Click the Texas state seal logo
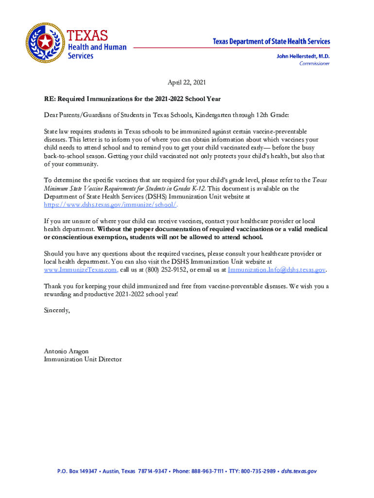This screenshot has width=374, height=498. tap(45, 42)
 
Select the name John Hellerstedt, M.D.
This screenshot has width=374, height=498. tap(303, 56)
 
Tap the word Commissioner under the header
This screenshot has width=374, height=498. tap(314, 64)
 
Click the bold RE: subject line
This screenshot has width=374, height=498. tap(132, 99)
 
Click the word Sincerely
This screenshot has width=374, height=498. tap(57, 310)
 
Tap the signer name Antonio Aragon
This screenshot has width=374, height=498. tap(66, 351)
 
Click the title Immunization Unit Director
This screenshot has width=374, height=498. tap(83, 359)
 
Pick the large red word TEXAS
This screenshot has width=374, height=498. tap(87, 36)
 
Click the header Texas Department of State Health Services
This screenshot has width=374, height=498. tap(272, 42)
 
